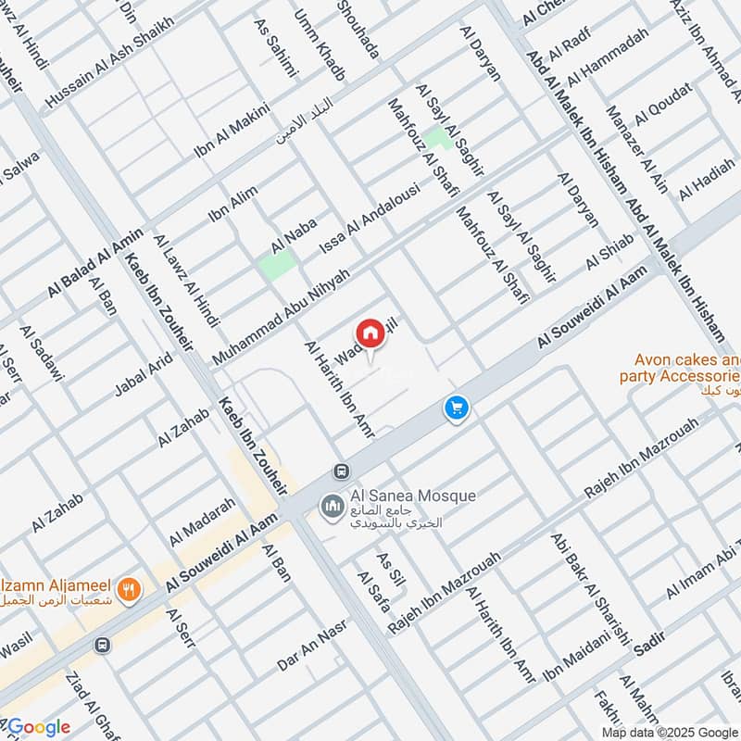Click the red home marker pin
pyautogui.click(x=370, y=334)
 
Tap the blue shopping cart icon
pyautogui.click(x=456, y=408)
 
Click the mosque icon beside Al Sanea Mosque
pyautogui.click(x=332, y=507)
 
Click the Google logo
pyautogui.click(x=36, y=726)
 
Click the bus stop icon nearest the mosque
pyautogui.click(x=343, y=471)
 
